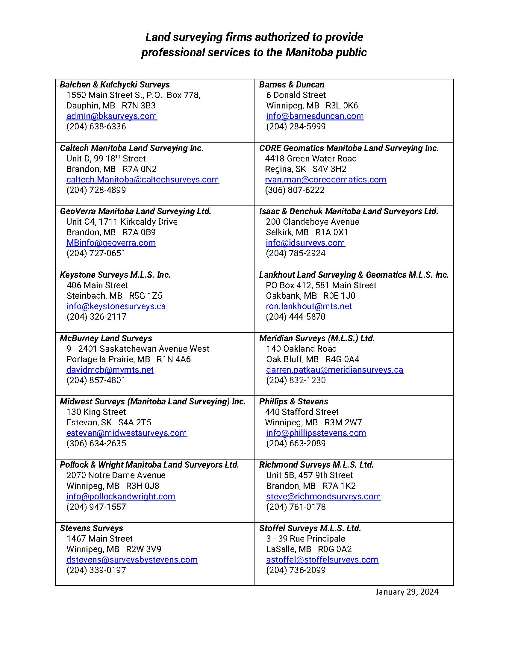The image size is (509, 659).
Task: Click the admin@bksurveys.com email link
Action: click(112, 116)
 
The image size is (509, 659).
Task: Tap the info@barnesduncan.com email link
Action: click(315, 116)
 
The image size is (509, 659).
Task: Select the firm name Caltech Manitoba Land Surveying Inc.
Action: click(131, 148)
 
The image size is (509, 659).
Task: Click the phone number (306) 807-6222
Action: click(295, 190)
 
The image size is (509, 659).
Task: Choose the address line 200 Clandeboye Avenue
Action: click(312, 222)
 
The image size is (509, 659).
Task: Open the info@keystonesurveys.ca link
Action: click(116, 306)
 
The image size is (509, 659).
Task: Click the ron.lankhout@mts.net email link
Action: click(309, 306)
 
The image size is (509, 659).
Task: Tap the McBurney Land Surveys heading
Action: click(106, 338)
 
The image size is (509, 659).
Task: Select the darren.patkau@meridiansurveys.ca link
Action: click(334, 370)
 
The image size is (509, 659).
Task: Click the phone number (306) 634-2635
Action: click(96, 443)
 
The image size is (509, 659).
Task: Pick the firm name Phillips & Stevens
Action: click(293, 402)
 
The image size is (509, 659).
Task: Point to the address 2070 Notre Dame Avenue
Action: click(116, 475)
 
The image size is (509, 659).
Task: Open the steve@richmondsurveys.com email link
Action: click(323, 496)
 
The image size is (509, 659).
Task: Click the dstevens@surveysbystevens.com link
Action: click(132, 560)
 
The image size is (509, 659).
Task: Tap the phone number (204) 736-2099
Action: click(296, 570)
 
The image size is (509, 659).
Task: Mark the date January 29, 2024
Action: click(407, 592)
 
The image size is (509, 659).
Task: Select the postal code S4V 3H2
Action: click(329, 169)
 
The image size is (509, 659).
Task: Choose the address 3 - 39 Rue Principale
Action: click(305, 539)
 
